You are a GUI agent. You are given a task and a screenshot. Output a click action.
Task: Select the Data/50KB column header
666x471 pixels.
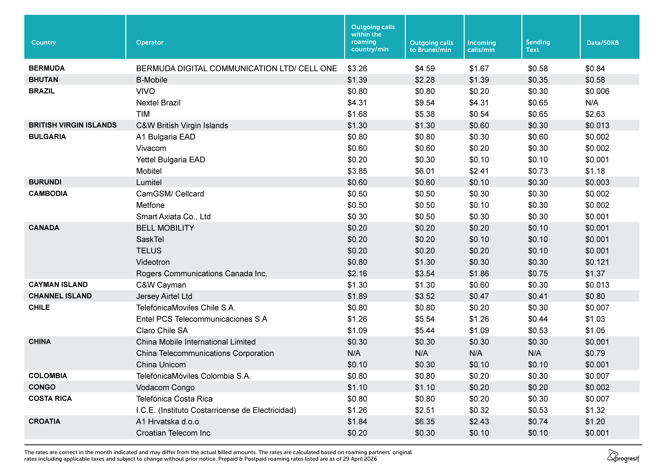tap(603, 43)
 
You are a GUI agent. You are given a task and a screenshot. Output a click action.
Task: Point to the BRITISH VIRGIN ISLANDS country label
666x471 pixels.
tap(73, 125)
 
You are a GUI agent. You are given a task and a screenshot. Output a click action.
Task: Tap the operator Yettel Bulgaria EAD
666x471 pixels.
tap(171, 160)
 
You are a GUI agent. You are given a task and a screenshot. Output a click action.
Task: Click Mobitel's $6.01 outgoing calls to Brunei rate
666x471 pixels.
tap(425, 171)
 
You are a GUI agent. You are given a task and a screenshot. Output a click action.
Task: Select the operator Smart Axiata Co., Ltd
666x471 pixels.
tap(173, 217)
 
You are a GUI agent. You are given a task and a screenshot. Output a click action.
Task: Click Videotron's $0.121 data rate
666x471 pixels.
tap(597, 262)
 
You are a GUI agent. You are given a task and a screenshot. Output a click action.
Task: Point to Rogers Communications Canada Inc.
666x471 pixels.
tap(202, 273)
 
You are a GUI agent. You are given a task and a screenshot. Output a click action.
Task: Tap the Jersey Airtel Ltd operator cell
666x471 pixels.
tap(164, 296)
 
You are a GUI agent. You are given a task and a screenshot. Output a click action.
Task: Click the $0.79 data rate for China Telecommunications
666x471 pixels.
tap(595, 353)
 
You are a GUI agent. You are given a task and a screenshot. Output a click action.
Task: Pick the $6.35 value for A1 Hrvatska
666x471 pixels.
tap(425, 421)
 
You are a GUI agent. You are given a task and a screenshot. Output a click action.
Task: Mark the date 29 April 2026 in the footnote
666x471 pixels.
tap(360, 459)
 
